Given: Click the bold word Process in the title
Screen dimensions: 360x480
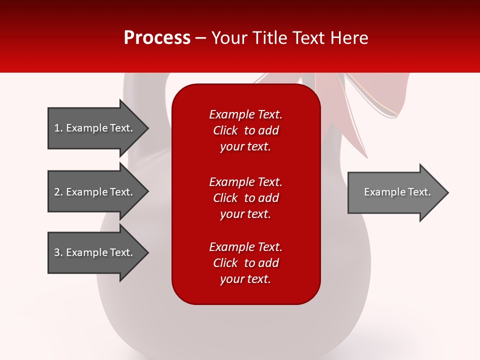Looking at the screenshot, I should pos(157,38).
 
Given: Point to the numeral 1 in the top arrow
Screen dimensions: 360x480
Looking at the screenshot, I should pos(57,128).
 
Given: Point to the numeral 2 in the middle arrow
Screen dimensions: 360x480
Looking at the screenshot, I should pos(57,192).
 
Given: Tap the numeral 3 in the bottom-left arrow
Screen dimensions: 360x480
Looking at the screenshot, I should pos(57,252).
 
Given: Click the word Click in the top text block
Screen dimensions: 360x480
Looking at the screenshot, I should pos(225,130).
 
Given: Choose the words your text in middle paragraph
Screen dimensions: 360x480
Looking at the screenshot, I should pos(245,214).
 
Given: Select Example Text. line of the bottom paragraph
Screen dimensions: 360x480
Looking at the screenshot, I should pos(245,247).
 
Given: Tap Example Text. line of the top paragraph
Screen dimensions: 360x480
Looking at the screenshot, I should pos(245,114).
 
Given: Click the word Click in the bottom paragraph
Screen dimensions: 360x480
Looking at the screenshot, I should pos(225,263).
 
